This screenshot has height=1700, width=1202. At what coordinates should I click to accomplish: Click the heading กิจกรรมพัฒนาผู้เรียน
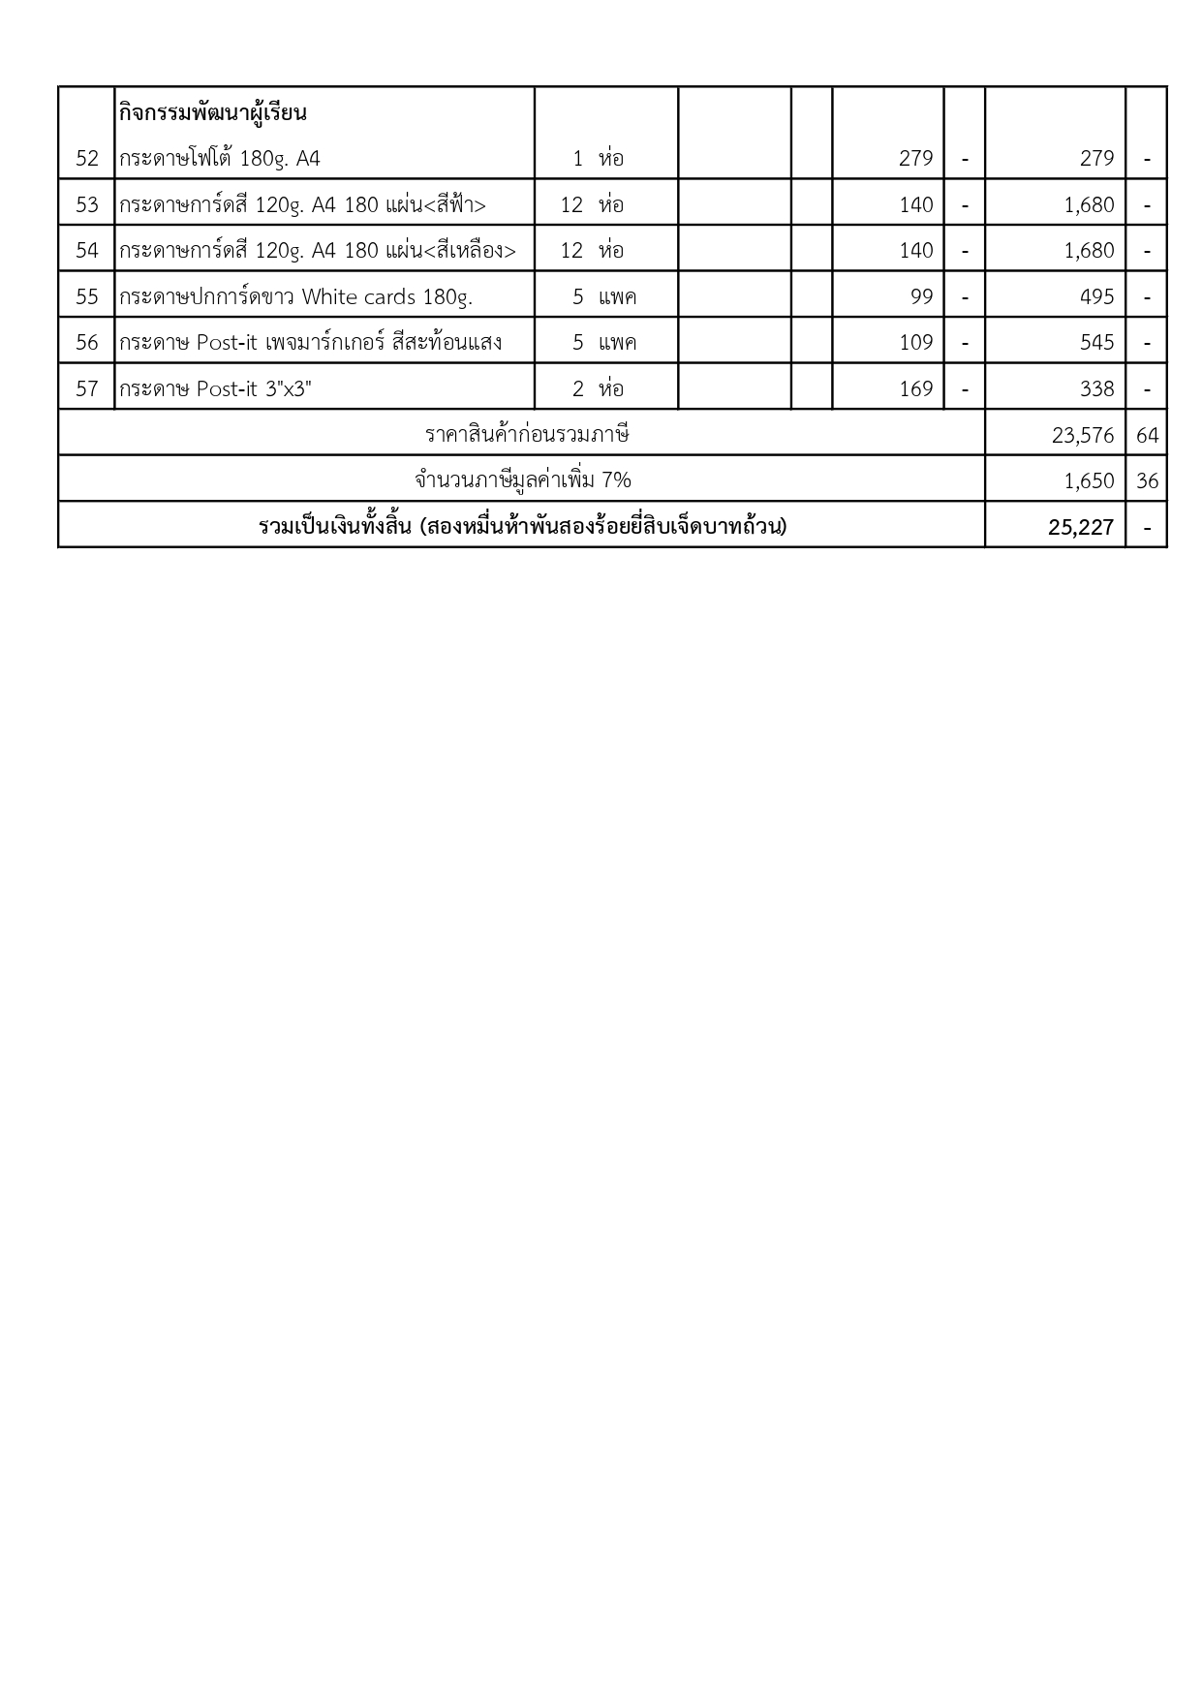pyautogui.click(x=213, y=112)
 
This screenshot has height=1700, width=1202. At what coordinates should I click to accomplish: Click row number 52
pyautogui.click(x=87, y=158)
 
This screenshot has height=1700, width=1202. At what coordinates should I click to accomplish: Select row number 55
pyautogui.click(x=87, y=296)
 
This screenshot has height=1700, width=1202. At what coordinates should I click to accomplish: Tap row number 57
pyautogui.click(x=87, y=388)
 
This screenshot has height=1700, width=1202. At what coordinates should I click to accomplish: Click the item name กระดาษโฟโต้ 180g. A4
pyautogui.click(x=220, y=158)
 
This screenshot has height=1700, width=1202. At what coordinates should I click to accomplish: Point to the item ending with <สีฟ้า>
pyautogui.click(x=302, y=204)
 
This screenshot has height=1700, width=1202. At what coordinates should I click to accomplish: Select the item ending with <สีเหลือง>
pyautogui.click(x=317, y=250)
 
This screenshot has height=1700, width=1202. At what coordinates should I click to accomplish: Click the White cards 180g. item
pyautogui.click(x=296, y=296)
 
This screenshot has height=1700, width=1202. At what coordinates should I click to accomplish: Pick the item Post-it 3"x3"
pyautogui.click(x=215, y=388)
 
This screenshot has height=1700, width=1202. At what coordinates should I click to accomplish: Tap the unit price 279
pyautogui.click(x=915, y=158)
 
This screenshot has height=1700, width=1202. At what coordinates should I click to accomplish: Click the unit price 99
pyautogui.click(x=921, y=296)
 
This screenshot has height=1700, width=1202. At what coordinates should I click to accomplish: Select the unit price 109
pyautogui.click(x=915, y=342)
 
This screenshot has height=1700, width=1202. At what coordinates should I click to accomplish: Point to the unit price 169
pyautogui.click(x=915, y=388)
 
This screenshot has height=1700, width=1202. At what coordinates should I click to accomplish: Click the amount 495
pyautogui.click(x=1096, y=296)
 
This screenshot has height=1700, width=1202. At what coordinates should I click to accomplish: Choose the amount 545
pyautogui.click(x=1096, y=342)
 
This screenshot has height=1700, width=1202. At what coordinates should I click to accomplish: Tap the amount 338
pyautogui.click(x=1096, y=388)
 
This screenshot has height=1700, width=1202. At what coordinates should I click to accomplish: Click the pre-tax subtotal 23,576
pyautogui.click(x=1083, y=435)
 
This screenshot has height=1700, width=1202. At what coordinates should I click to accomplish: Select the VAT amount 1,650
pyautogui.click(x=1089, y=480)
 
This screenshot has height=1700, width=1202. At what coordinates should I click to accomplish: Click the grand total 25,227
pyautogui.click(x=1080, y=527)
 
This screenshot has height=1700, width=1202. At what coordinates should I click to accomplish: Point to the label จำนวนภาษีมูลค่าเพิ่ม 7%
pyautogui.click(x=523, y=480)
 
